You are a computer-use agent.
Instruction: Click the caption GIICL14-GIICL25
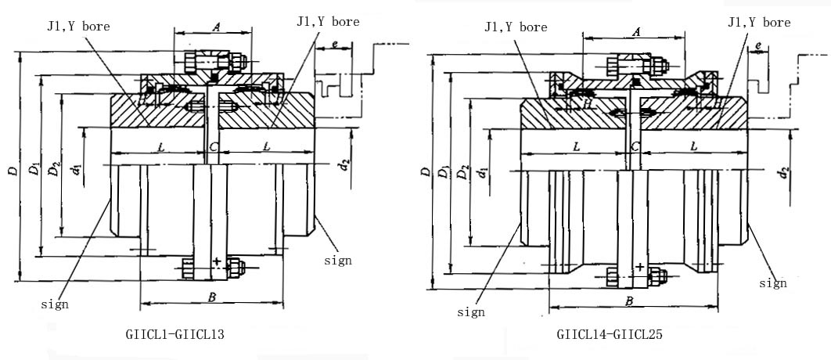pos(610,333)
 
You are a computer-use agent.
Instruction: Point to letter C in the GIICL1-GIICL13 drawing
pos(214,146)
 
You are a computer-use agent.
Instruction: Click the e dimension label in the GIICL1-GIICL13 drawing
pos(334,45)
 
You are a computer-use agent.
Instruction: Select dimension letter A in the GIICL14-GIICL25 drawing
pos(635,32)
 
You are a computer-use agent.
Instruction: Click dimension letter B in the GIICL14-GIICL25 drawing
pos(628,300)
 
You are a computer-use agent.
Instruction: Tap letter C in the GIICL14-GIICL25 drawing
pos(635,146)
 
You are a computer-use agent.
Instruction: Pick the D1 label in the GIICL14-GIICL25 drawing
pos(444,172)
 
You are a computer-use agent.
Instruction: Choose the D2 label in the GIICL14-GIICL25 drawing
pos(464,172)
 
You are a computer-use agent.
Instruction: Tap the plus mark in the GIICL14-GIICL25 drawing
pos(639,266)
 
